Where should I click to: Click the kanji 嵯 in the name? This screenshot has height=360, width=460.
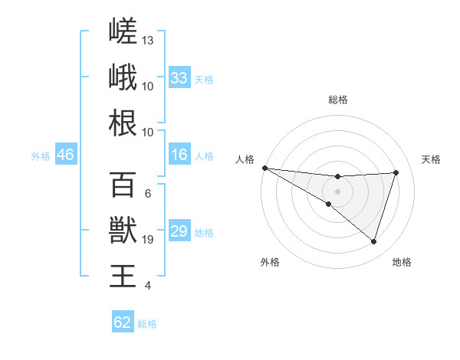(x=123, y=31)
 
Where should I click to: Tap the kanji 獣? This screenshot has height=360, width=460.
(x=123, y=230)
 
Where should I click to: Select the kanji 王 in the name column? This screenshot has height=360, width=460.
(x=123, y=276)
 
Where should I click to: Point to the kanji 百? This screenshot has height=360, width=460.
(x=123, y=185)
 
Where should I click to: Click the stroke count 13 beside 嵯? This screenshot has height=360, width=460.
(x=147, y=41)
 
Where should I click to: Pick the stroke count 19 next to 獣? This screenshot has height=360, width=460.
(x=147, y=240)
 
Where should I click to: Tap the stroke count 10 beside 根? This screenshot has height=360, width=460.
(x=147, y=133)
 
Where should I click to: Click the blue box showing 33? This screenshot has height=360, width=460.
(x=179, y=77)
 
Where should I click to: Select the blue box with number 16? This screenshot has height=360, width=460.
(x=179, y=154)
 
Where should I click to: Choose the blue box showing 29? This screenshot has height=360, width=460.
(x=179, y=230)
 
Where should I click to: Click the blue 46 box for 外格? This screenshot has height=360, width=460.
(x=66, y=154)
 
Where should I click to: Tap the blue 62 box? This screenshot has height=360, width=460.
(x=123, y=321)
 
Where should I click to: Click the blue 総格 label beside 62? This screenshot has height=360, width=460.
(x=147, y=324)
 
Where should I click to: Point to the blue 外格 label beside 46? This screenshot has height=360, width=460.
(x=41, y=156)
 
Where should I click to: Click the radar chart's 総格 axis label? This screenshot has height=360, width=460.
(x=338, y=100)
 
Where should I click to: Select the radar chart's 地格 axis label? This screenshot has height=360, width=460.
(x=402, y=262)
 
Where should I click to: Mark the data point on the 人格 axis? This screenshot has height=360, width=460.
(x=265, y=168)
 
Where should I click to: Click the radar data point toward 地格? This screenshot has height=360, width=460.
(x=373, y=241)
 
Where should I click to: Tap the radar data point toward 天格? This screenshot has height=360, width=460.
(x=396, y=172)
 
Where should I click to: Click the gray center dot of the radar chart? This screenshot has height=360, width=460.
(x=337, y=191)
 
